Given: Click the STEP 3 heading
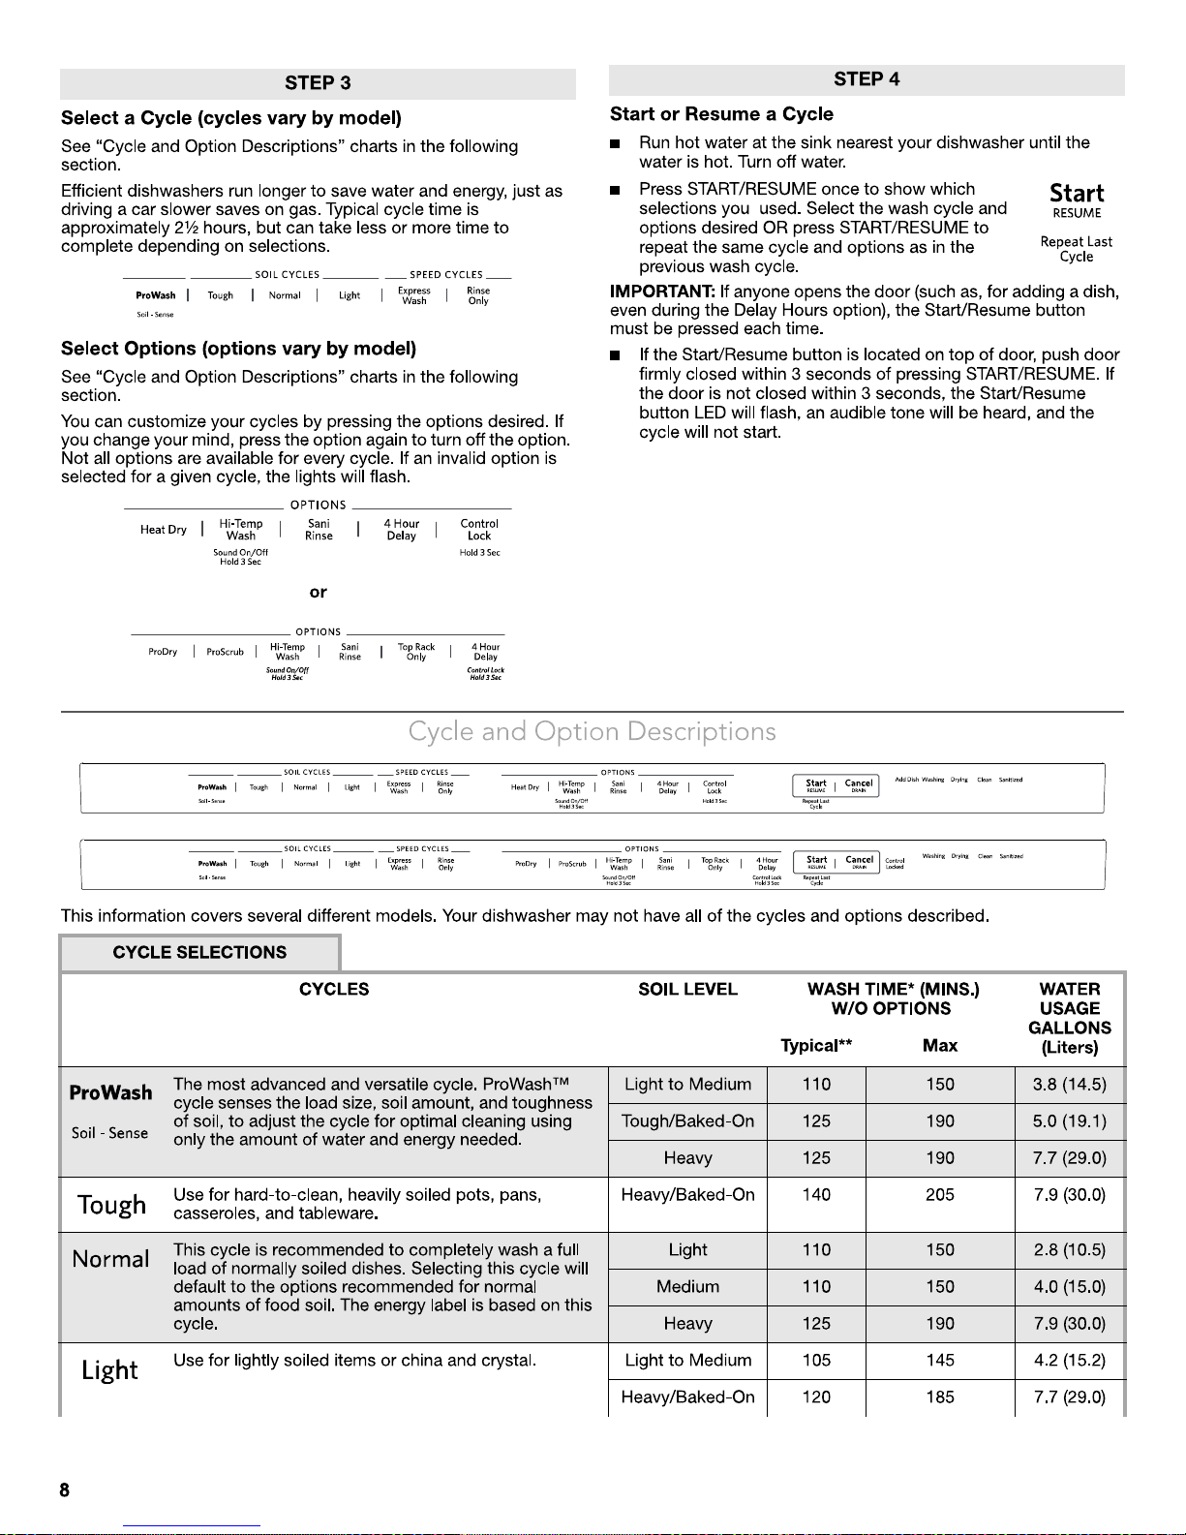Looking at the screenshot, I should [318, 83].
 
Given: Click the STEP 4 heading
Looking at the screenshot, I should [867, 79].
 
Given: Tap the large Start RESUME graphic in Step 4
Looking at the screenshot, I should [1077, 200].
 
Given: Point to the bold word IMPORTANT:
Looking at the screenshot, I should [662, 292].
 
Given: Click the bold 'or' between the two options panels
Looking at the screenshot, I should [318, 592].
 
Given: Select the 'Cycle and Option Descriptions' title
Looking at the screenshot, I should [592, 731].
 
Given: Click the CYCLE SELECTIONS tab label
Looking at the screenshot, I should [199, 952].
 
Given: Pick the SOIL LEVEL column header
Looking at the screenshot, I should [687, 989].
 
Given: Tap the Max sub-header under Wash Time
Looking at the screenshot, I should [939, 1045].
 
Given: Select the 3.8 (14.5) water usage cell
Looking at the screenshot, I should [1069, 1085].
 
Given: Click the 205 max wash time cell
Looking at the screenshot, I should [939, 1195].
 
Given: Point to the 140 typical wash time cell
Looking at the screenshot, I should [816, 1195].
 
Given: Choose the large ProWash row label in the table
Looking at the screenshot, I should [110, 1093].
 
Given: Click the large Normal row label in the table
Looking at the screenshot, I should [110, 1259].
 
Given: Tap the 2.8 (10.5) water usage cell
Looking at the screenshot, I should [1069, 1250].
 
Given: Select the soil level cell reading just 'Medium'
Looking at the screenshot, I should [687, 1287].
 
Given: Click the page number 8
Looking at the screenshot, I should [64, 1490].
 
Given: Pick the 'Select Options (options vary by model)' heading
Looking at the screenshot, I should [238, 349].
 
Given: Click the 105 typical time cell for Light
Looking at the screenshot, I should [816, 1361].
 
